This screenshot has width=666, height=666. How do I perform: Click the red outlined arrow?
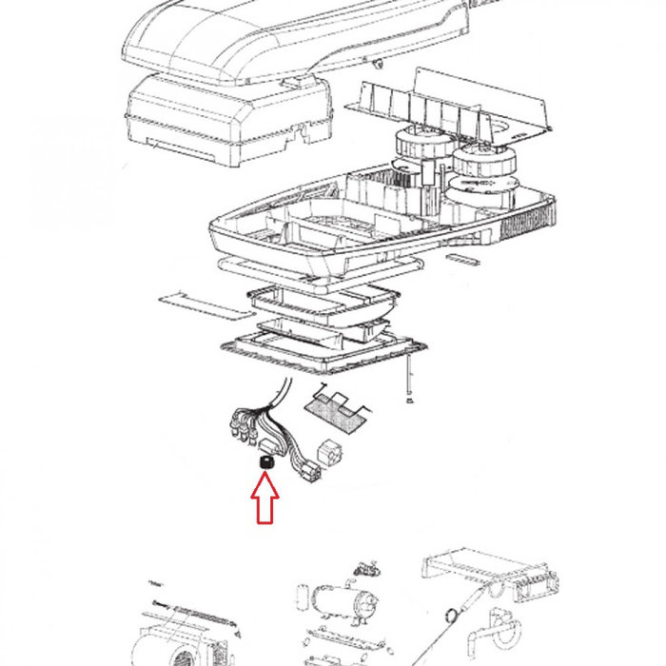tap(264, 499)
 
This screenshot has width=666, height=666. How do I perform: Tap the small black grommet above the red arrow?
tap(264, 461)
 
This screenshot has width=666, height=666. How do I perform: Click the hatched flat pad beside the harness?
tap(334, 410)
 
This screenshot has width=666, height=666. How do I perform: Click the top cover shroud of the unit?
tap(285, 38)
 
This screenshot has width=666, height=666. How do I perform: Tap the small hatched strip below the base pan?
tap(465, 258)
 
